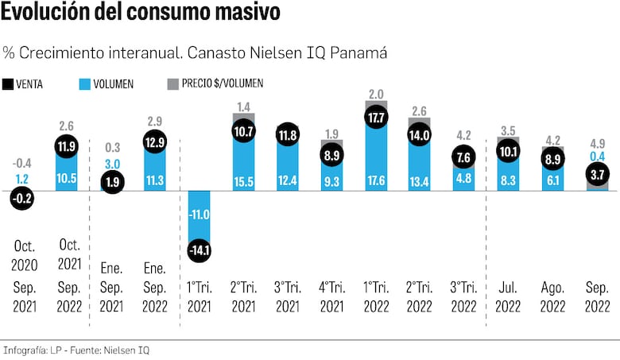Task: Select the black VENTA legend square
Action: pos(8,83)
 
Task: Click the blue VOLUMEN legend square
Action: pos(86,83)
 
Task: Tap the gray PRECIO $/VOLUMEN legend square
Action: pos(171,83)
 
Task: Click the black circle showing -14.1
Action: pos(200,252)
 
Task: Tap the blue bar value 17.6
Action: pos(377,181)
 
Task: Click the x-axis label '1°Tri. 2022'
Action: pos(377,295)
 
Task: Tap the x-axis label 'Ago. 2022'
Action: pos(553,295)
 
